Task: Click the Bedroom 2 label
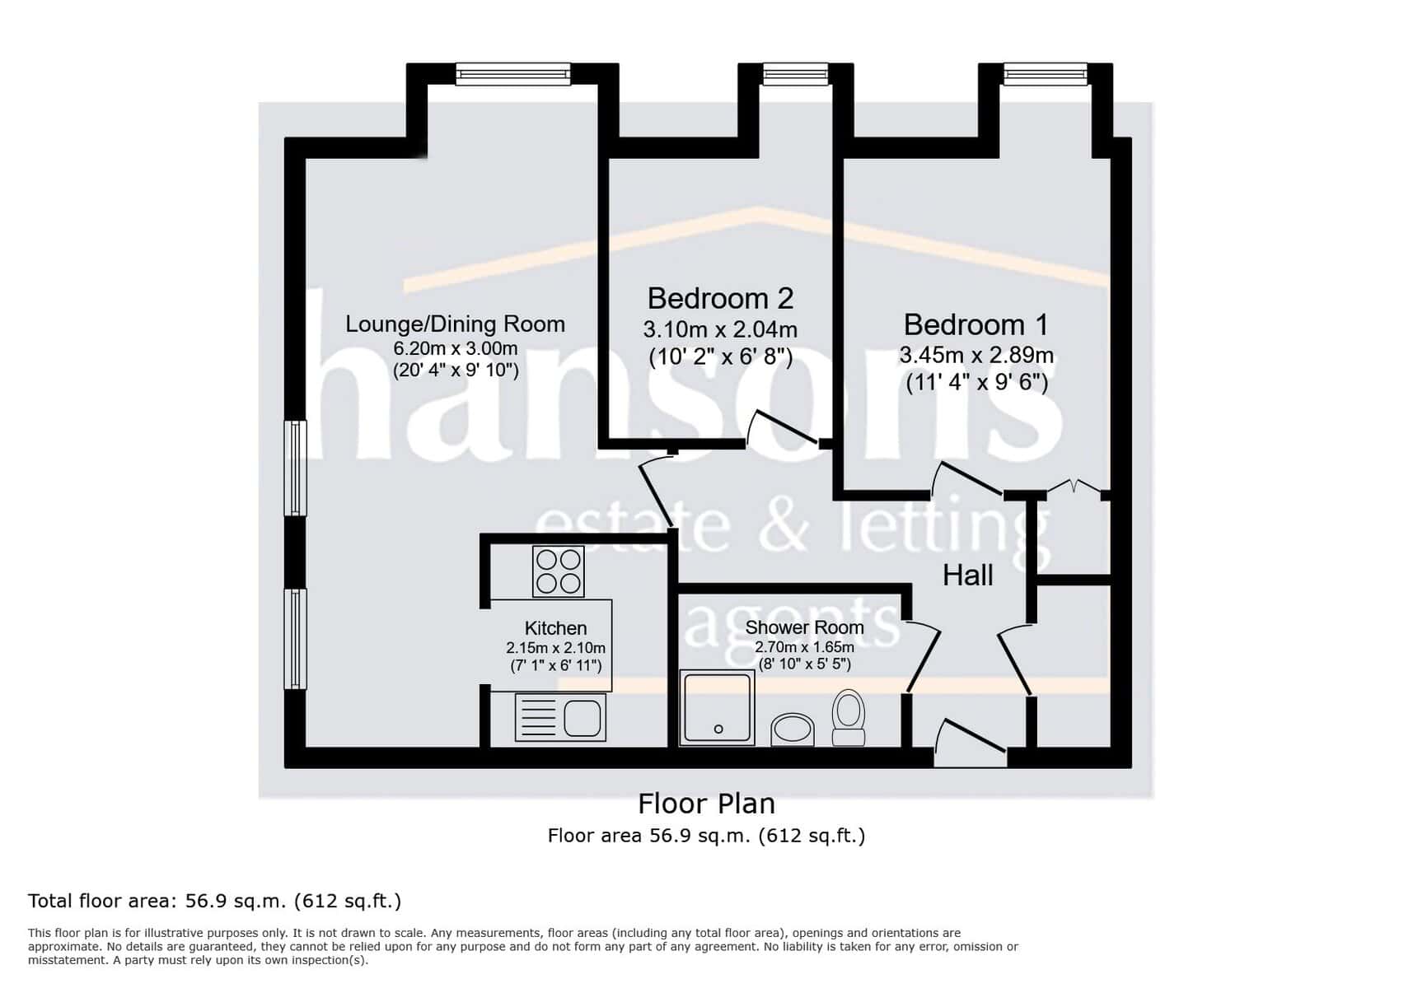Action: point(720,298)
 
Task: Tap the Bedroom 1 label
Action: point(976,324)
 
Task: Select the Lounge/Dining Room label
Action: point(455,324)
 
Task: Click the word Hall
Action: point(968,575)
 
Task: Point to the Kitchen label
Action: point(556,628)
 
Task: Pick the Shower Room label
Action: point(804,627)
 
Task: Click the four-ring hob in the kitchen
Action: point(559,571)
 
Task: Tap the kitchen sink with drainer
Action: point(560,717)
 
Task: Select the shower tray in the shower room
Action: point(718,708)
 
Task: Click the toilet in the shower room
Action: point(849,718)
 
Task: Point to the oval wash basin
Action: point(793,729)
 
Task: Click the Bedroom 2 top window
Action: point(795,75)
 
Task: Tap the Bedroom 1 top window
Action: point(1046,75)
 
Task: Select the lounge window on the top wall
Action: point(512,75)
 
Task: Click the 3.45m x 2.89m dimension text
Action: point(976,356)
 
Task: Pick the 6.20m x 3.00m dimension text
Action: point(456,348)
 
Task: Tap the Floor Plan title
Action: point(707,804)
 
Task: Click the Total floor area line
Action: point(215,901)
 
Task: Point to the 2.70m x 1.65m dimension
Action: point(804,647)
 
